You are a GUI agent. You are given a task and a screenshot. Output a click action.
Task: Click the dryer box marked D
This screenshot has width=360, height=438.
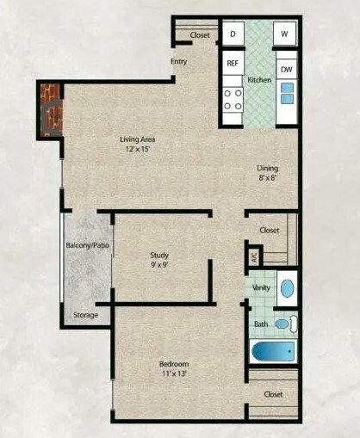233,34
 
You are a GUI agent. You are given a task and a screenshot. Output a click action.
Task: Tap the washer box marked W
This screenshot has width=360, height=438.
284,34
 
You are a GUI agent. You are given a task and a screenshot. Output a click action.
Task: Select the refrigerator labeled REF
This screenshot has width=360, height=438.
233,63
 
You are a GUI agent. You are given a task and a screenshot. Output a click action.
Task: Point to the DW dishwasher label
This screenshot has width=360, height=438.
287,70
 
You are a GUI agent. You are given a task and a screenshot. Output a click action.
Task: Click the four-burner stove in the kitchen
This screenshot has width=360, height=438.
233,100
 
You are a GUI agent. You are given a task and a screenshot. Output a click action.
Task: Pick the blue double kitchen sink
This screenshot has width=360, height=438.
288,93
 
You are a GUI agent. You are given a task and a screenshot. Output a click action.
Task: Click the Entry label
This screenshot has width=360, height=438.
179,61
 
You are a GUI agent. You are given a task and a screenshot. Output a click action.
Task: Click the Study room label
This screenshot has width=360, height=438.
159,255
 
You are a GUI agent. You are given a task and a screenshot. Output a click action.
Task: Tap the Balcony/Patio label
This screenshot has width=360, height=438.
88,245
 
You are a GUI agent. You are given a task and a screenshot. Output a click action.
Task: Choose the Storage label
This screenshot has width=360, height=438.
86,315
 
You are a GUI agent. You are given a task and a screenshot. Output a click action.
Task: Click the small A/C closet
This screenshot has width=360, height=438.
255,256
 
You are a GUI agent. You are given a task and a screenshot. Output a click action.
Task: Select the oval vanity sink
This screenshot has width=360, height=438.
287,288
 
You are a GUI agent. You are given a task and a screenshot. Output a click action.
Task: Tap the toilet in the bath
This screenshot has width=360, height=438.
286,324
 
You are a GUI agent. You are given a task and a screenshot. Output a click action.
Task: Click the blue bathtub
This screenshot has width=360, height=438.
273,352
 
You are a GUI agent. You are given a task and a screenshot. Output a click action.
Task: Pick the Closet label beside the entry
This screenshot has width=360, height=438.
200,35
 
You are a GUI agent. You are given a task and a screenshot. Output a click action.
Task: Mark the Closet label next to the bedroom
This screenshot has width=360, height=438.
274,394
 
